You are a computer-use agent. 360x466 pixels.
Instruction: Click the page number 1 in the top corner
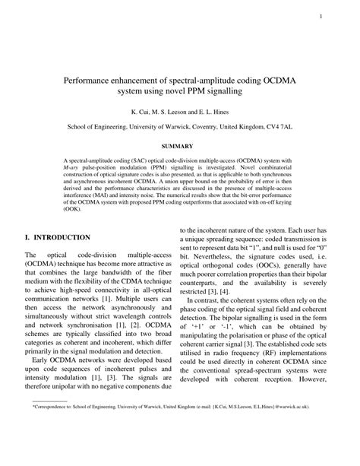[x=321, y=17]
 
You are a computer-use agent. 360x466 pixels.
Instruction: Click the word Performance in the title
[x=94, y=78]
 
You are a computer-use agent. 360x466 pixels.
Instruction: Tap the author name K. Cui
[x=141, y=110]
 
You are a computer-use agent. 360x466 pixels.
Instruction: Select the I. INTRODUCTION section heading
[x=58, y=237]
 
